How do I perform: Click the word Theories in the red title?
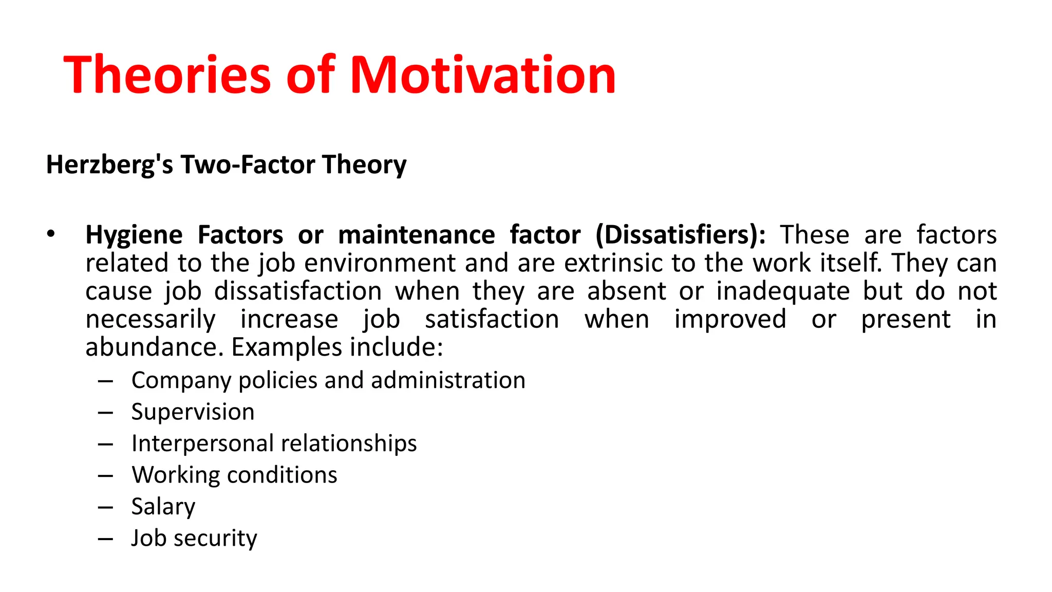coord(167,75)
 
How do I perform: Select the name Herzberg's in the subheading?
coord(109,165)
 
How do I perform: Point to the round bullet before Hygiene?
coord(50,234)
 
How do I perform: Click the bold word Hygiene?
coord(134,235)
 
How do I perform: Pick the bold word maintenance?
coord(417,235)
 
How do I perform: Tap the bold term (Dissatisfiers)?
coord(681,235)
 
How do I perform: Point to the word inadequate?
coord(783,291)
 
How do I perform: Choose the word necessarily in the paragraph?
coord(151,320)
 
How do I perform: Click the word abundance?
coord(155,347)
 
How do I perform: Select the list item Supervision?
coord(193,412)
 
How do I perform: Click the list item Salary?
coord(163,507)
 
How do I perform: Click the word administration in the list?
coord(448,381)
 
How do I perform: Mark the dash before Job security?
coord(105,539)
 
